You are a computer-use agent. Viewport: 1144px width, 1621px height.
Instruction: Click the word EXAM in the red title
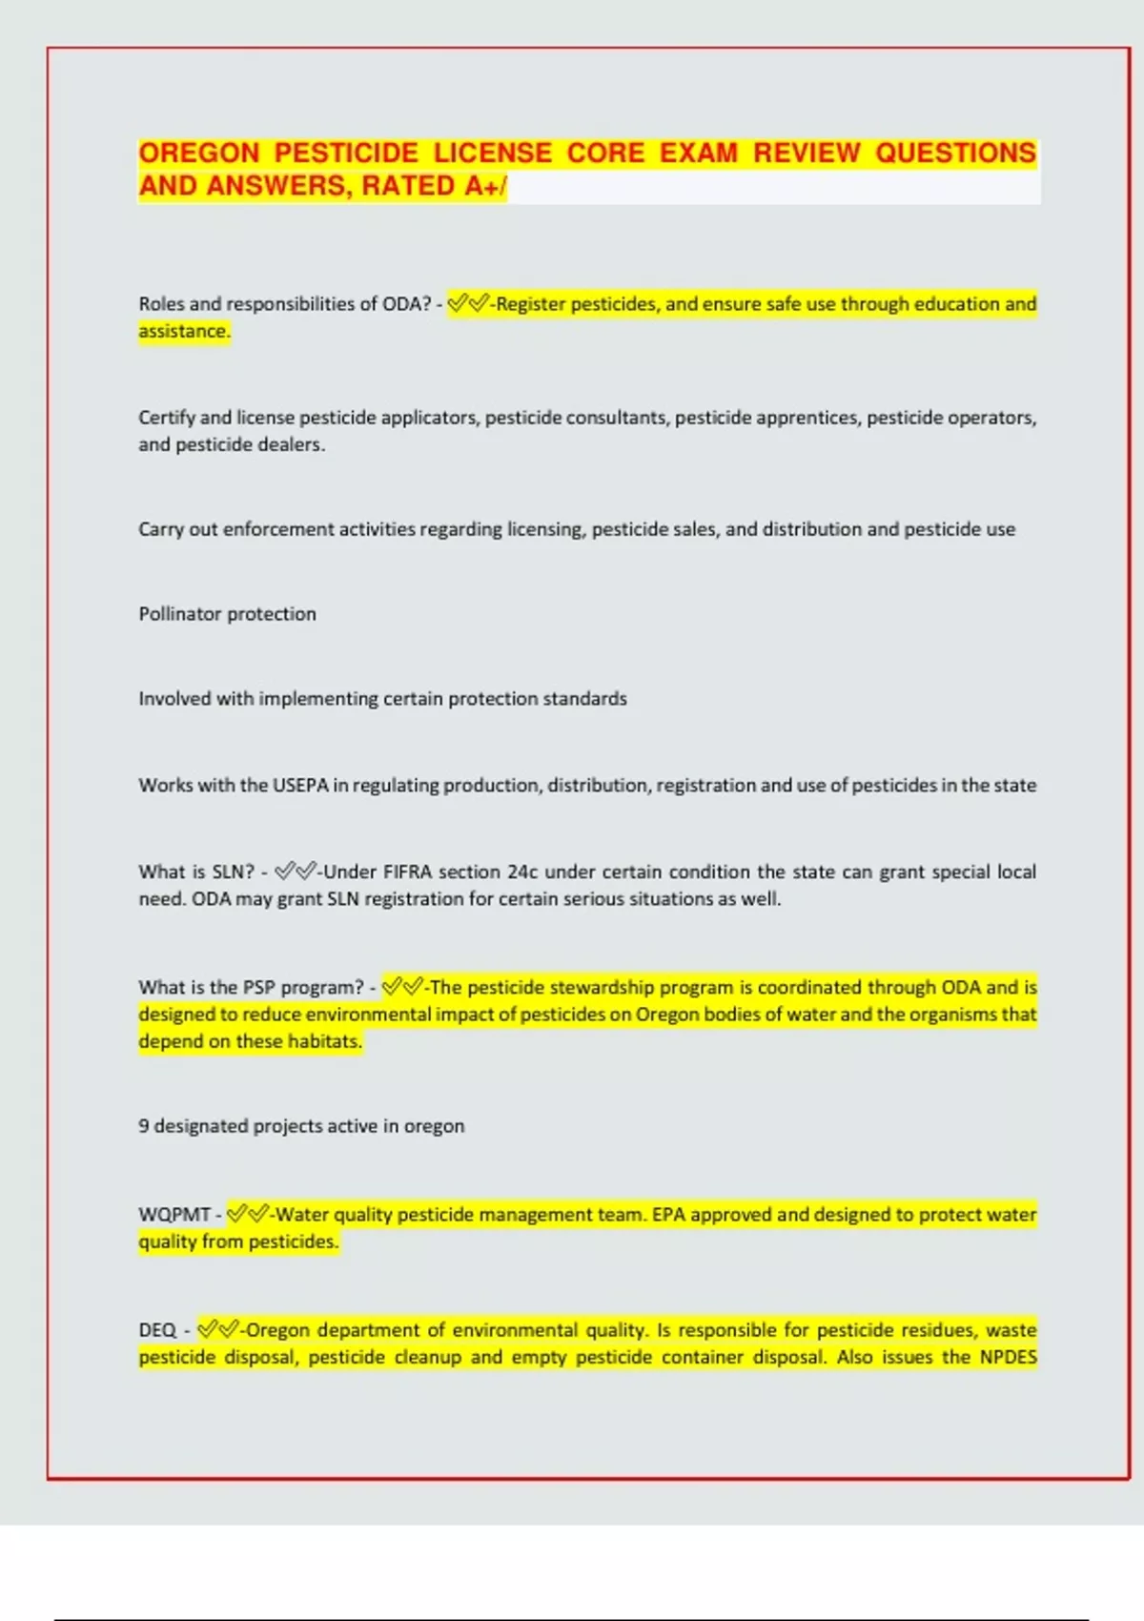[x=699, y=154]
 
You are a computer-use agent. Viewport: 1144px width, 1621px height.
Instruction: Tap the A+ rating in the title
[x=482, y=186]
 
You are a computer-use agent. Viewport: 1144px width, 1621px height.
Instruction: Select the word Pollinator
[x=180, y=614]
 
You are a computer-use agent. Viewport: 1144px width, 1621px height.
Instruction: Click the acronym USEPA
[x=300, y=786]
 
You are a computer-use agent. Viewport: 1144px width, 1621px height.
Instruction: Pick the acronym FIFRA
[x=407, y=872]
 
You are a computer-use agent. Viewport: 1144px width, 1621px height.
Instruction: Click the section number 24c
[x=522, y=872]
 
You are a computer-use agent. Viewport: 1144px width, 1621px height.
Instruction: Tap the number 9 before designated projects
[x=144, y=1126]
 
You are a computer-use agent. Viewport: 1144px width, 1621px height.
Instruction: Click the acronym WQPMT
[x=174, y=1215]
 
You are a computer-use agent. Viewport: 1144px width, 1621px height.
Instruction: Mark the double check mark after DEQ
[x=217, y=1329]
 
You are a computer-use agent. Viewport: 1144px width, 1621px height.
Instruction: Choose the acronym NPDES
[x=1008, y=1357]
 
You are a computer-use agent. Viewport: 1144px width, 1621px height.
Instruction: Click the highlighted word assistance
[x=184, y=331]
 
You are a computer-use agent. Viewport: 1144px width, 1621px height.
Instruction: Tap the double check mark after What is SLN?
[x=295, y=872]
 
